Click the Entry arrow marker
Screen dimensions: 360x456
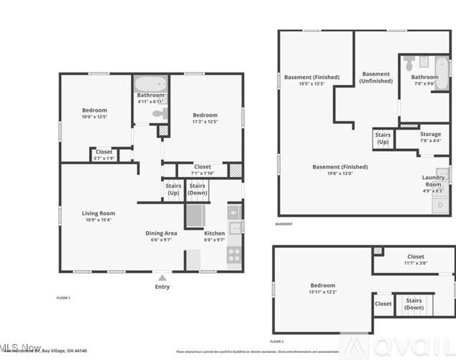[x=163, y=276]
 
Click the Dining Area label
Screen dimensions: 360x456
[x=161, y=236]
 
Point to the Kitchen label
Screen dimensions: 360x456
[x=214, y=236]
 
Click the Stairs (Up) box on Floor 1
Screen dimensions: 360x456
[x=173, y=189]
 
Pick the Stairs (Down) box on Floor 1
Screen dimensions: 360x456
[x=197, y=189]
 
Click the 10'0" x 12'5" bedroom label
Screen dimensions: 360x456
[x=94, y=113]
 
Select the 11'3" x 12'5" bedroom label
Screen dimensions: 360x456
[x=204, y=118]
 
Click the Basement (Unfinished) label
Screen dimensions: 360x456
[x=376, y=78]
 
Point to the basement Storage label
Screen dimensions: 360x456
[x=430, y=138]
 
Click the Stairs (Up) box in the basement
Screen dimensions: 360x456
[x=383, y=138]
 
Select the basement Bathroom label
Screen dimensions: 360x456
[x=424, y=80]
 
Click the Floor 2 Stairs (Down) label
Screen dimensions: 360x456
[x=414, y=304]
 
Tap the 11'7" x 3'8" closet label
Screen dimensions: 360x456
[x=416, y=260]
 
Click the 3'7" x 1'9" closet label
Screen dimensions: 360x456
[x=104, y=154]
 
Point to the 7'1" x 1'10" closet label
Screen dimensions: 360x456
[x=202, y=170]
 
